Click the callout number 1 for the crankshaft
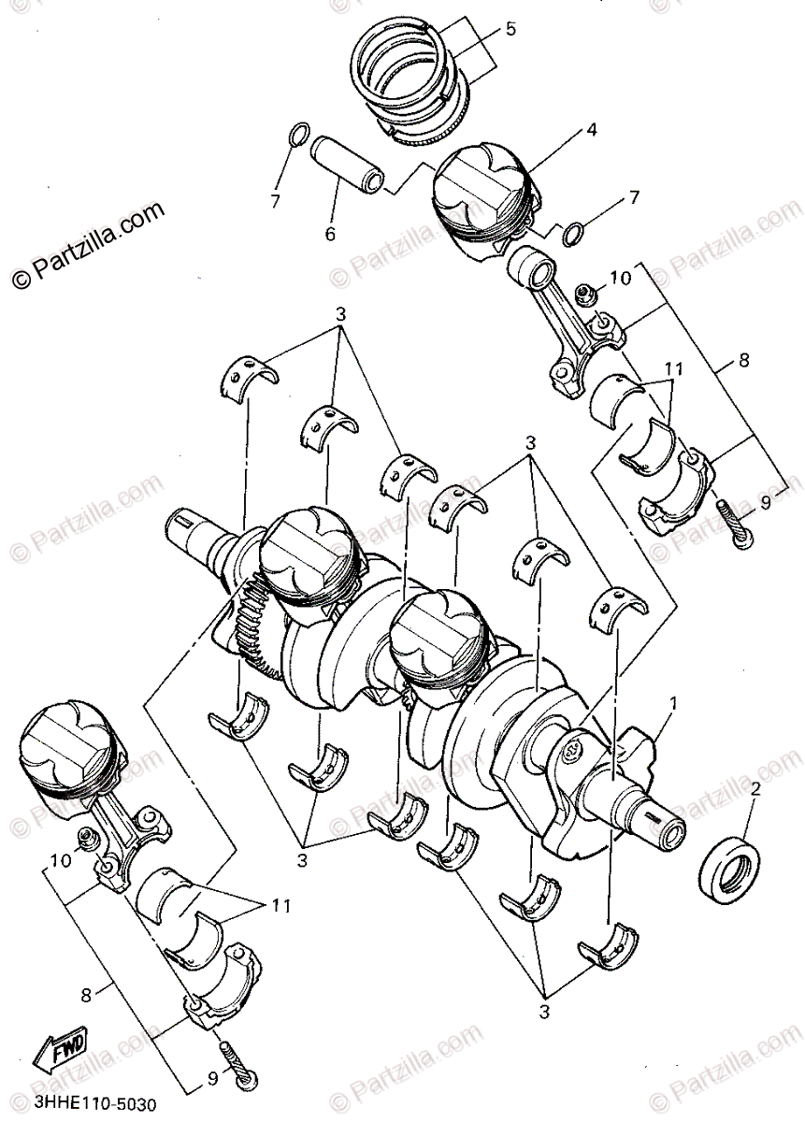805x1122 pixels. click(674, 700)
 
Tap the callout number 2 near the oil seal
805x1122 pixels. click(755, 788)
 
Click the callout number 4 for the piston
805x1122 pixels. click(591, 130)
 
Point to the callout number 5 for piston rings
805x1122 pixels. click(510, 29)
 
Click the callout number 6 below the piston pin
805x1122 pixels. click(330, 234)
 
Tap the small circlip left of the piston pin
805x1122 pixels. click(297, 136)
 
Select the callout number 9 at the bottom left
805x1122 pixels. click(213, 1078)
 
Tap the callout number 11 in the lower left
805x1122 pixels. click(280, 905)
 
